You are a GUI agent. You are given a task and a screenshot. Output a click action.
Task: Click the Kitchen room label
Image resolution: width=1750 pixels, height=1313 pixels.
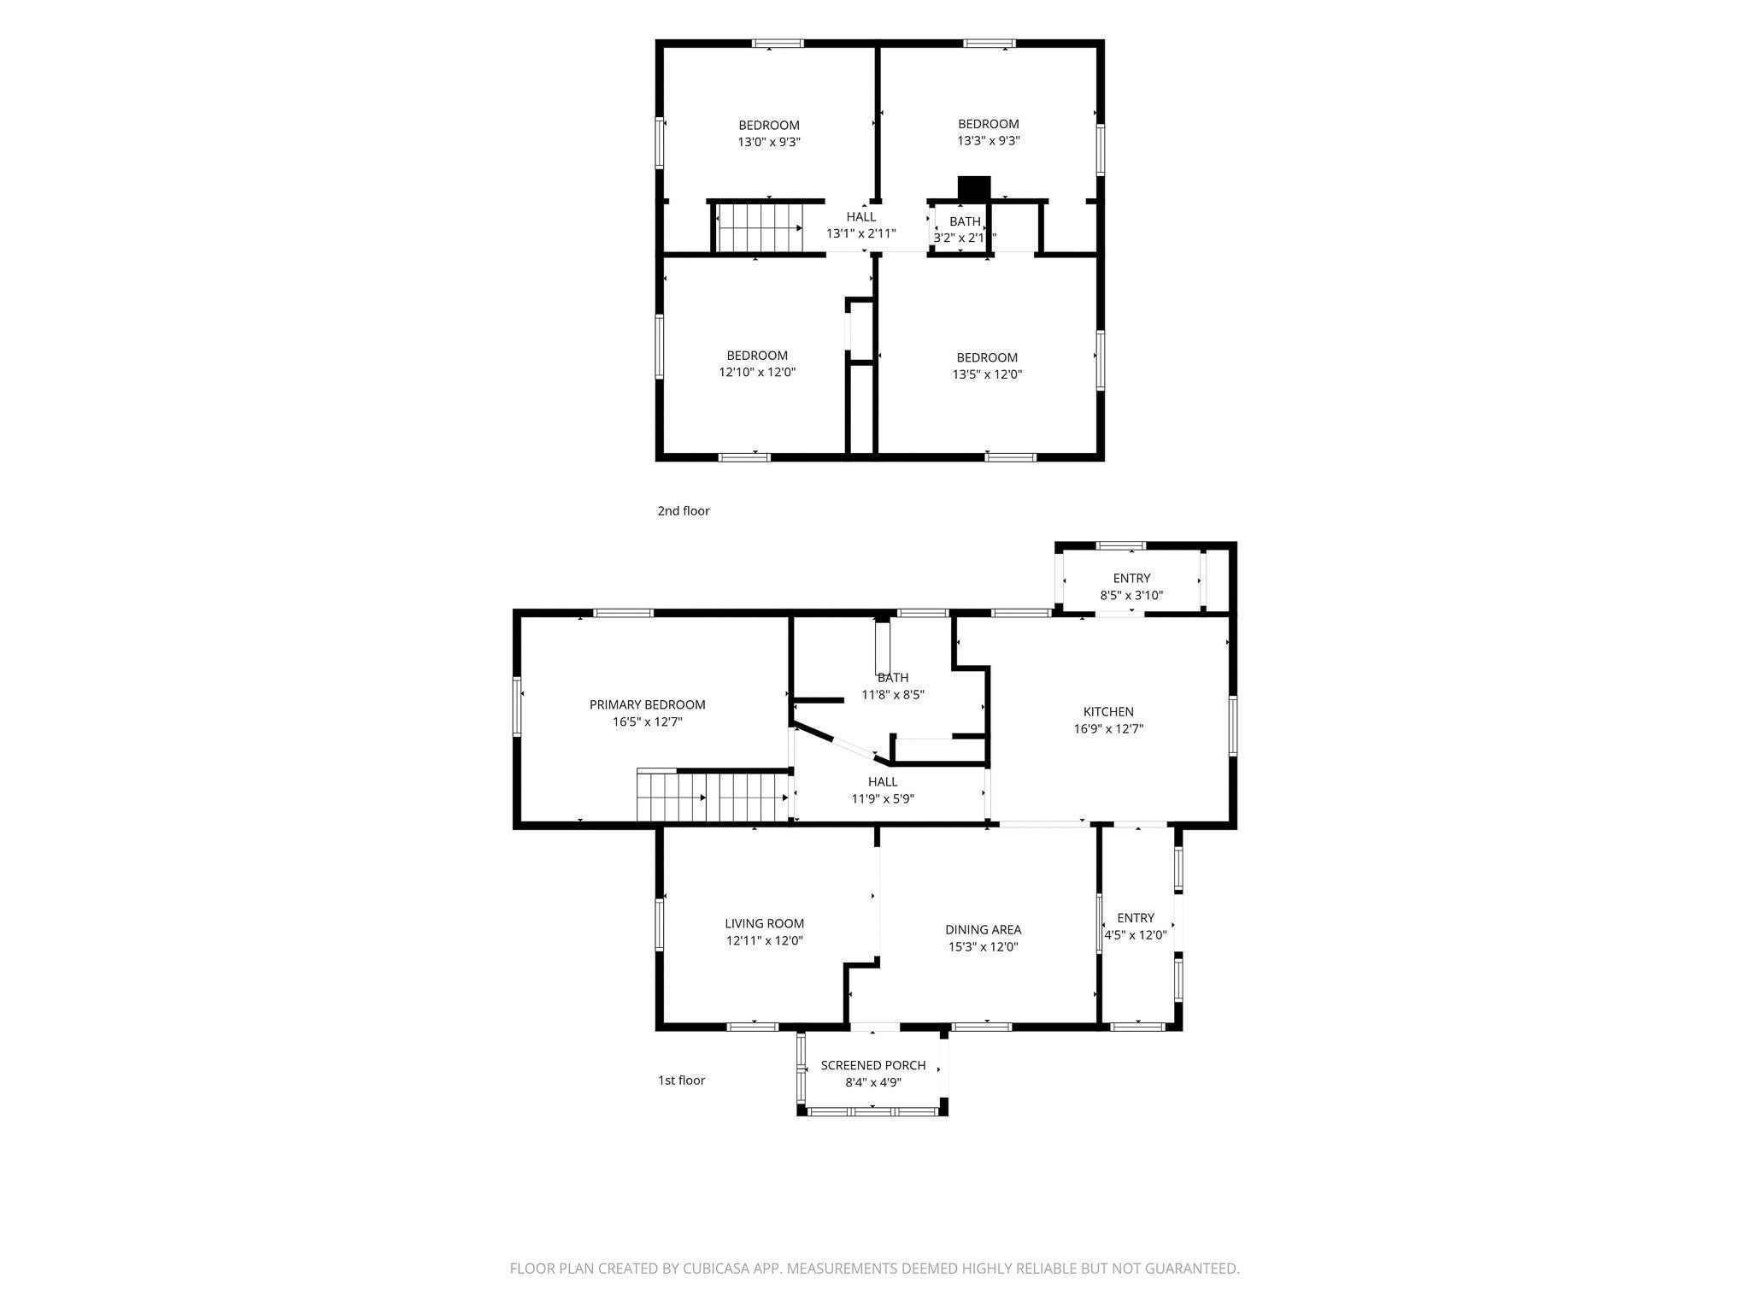[x=1108, y=711]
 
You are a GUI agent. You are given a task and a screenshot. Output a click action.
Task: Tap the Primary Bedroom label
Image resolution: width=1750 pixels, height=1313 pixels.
[x=648, y=704]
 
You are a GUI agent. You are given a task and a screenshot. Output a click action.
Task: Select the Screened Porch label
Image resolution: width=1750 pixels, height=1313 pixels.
[x=873, y=1065]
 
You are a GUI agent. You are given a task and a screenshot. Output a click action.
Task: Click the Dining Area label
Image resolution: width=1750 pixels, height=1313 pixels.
[x=983, y=929]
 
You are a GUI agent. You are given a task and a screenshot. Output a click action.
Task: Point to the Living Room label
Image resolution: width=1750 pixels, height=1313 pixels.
[x=765, y=923]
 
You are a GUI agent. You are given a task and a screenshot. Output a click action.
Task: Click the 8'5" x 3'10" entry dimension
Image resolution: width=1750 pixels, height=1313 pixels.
[x=1131, y=595]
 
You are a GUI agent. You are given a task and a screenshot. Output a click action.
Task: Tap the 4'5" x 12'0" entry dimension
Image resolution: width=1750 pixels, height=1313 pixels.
[x=1136, y=934]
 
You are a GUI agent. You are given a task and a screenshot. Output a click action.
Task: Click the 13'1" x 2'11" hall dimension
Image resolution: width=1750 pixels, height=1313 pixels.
[x=861, y=233]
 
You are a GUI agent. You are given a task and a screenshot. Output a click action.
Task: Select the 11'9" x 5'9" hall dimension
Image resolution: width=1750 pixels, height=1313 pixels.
[x=883, y=798]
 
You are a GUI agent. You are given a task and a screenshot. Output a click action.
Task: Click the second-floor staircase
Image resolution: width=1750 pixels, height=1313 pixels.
[x=759, y=227]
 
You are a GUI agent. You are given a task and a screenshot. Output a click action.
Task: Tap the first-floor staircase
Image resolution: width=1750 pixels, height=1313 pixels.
[x=713, y=797]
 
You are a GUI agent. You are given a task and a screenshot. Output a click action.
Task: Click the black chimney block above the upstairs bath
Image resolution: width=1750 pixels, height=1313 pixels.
[x=973, y=189]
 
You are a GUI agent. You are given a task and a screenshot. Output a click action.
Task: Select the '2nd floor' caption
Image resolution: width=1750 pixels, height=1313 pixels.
[x=684, y=510]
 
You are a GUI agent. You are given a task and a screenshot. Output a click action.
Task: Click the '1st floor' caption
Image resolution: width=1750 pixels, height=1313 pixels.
[x=681, y=1080]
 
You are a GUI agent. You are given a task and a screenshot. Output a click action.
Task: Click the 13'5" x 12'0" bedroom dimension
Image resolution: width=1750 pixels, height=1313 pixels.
[x=987, y=374]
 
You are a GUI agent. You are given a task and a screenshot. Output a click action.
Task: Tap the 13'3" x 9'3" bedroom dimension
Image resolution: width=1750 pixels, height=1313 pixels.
[x=989, y=140]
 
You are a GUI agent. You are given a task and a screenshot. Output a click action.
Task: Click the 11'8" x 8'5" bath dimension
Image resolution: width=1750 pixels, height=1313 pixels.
[x=893, y=694]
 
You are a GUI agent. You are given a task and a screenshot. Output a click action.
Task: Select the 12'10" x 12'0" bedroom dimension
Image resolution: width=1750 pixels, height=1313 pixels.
[x=757, y=372]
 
